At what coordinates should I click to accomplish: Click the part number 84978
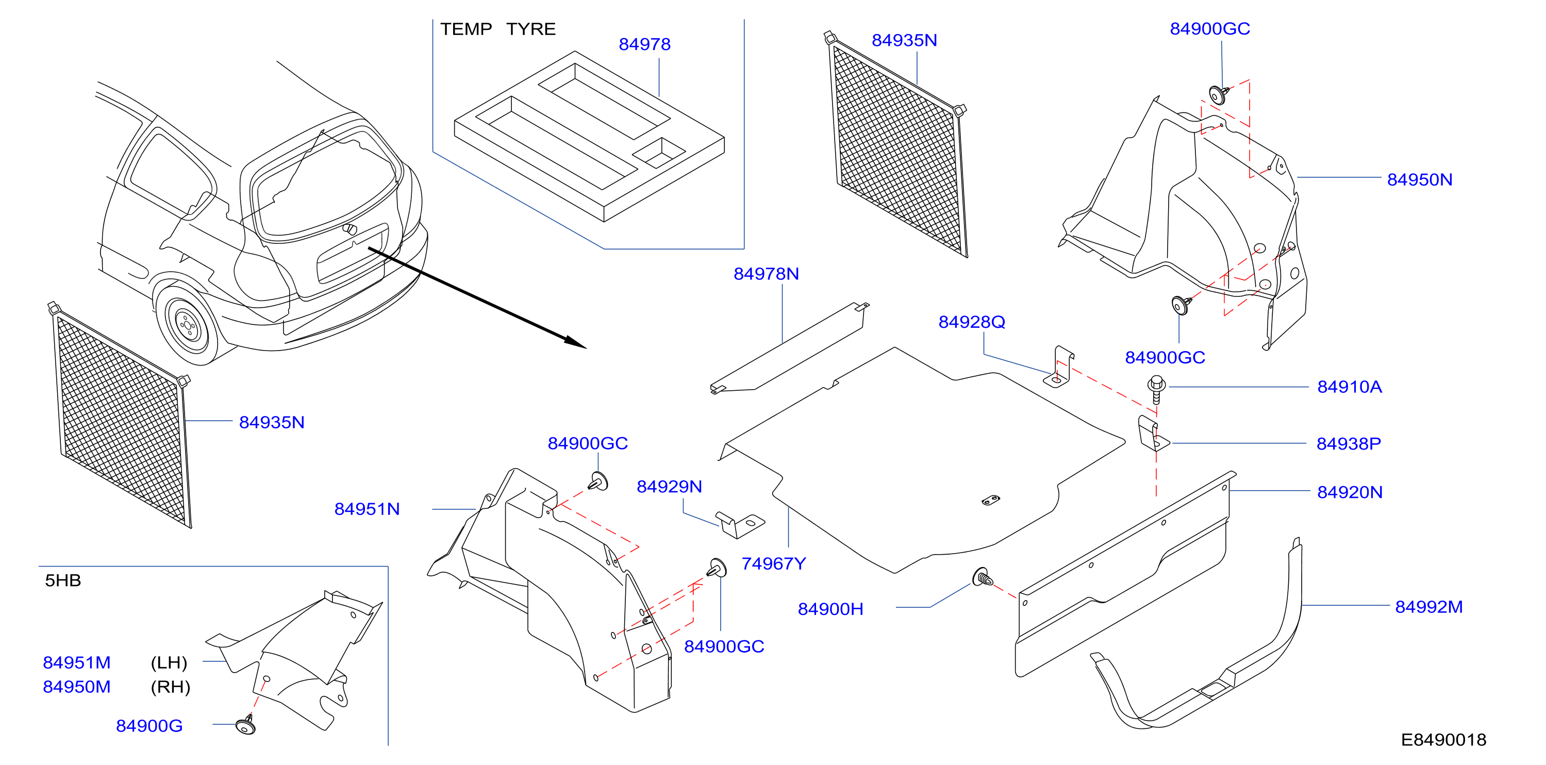[x=644, y=44]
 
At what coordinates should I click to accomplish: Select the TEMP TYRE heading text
[x=497, y=29]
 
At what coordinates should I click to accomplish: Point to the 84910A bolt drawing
[x=1156, y=389]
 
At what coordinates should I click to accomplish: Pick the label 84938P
[x=1349, y=443]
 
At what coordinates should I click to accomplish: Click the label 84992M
[x=1428, y=607]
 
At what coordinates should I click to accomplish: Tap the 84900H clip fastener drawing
[x=983, y=578]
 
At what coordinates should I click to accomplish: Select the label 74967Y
[x=774, y=563]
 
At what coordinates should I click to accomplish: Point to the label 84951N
[x=367, y=509]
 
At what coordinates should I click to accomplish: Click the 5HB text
[x=63, y=580]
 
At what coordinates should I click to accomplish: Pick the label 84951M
[x=77, y=662]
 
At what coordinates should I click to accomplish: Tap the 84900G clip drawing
[x=246, y=725]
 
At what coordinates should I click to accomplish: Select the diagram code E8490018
[x=1443, y=740]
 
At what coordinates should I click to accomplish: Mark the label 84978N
[x=766, y=274]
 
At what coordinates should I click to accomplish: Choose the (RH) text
[x=171, y=687]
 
